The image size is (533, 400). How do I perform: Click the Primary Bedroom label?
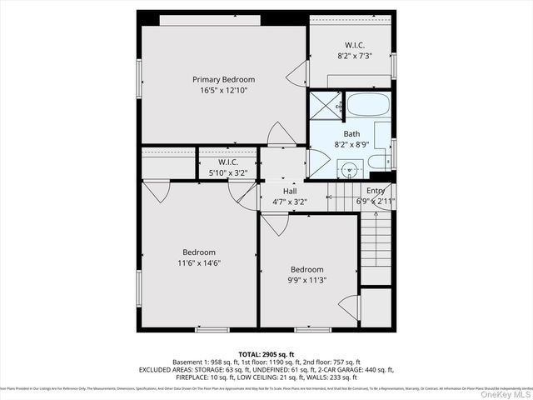[223, 79]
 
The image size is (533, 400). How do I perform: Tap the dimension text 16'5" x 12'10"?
[223, 90]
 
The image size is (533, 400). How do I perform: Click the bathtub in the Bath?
[367, 106]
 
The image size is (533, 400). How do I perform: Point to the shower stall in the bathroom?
[324, 106]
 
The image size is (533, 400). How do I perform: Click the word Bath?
[351, 133]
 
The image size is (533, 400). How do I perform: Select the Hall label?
[289, 191]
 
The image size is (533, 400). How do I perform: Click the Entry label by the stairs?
[376, 191]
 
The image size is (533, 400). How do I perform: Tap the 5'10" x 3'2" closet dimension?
[227, 172]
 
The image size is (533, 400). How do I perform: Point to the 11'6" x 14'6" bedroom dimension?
[199, 263]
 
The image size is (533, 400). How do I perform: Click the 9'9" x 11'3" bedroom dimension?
[306, 281]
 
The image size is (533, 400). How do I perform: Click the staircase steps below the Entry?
[376, 242]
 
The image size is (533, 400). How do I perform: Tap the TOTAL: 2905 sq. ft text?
[266, 353]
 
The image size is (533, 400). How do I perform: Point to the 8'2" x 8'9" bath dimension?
[351, 144]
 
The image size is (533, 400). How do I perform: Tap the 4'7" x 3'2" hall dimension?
[289, 201]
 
